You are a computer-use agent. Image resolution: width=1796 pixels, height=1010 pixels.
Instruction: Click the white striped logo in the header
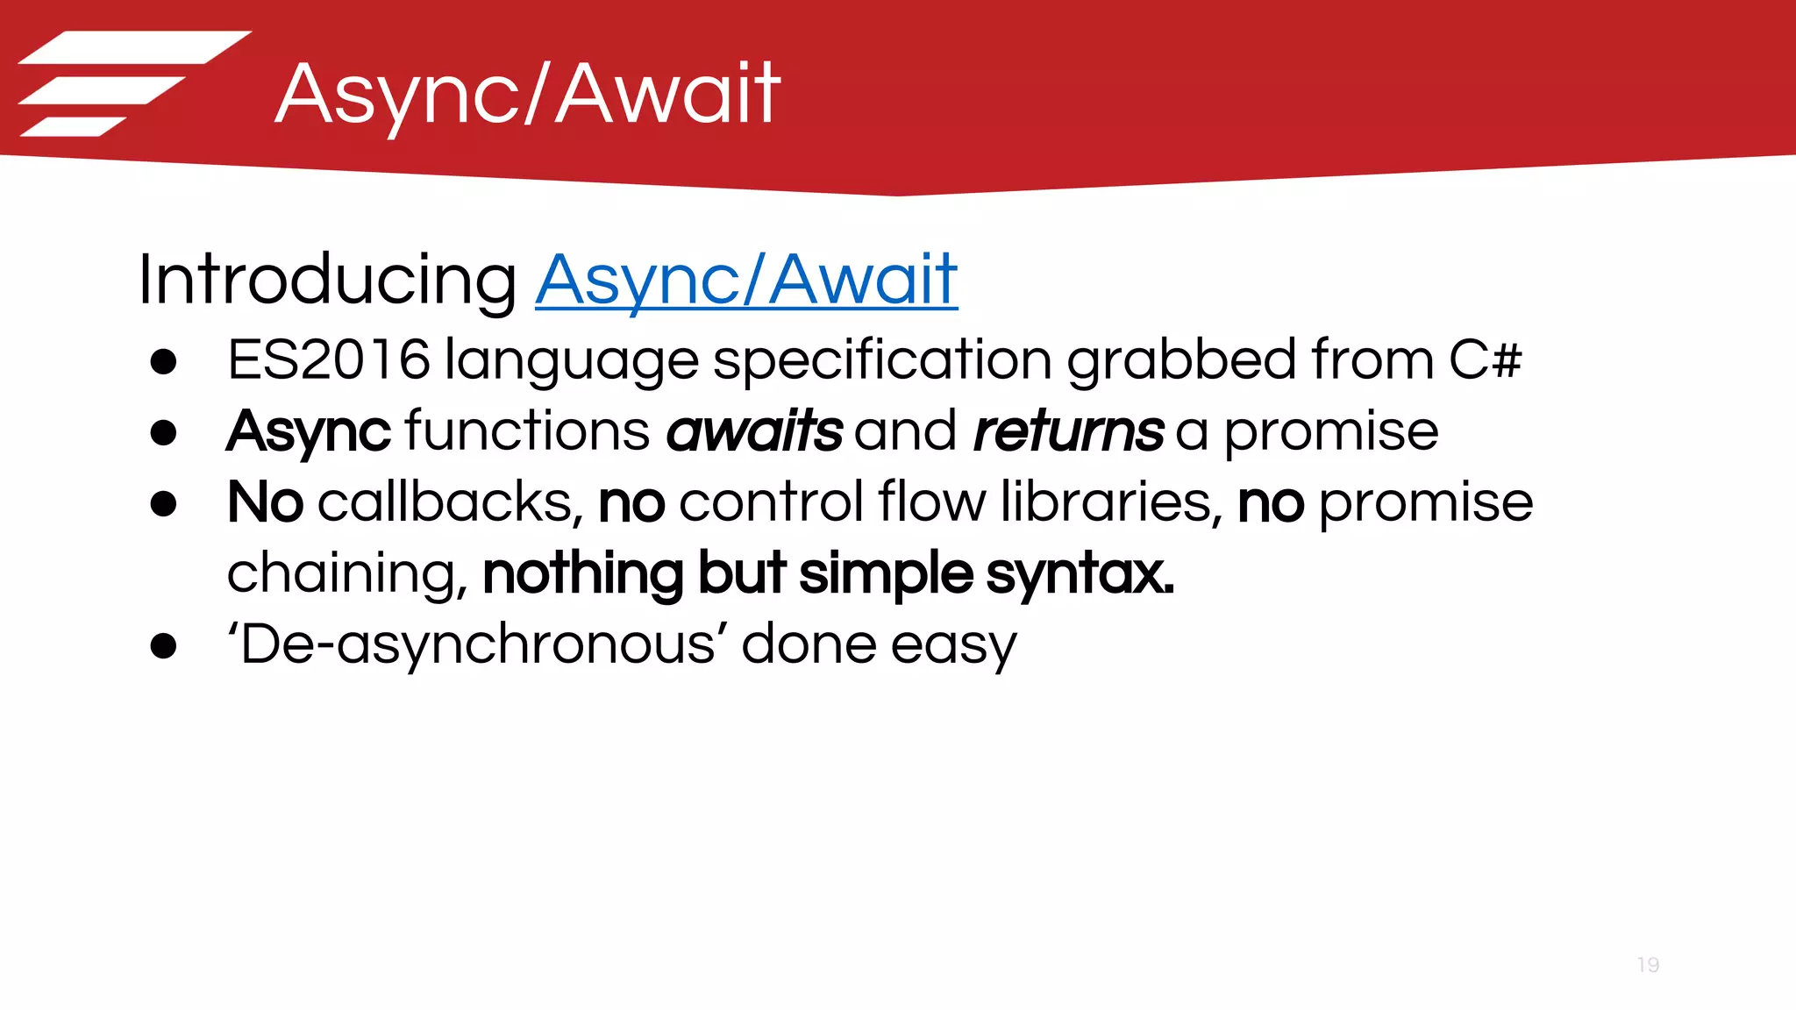[x=132, y=83]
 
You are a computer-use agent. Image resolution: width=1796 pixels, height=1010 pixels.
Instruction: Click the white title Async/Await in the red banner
[x=527, y=95]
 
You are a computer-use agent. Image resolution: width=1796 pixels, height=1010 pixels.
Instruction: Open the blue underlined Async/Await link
[x=746, y=281]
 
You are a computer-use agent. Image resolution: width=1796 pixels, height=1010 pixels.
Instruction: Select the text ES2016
[x=329, y=359]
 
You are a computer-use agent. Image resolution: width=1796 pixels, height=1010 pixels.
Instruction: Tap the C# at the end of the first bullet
[x=1485, y=359]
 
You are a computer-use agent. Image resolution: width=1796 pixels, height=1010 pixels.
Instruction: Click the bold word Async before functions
[x=308, y=432]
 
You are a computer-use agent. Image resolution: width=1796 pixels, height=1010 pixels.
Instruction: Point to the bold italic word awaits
[x=754, y=430]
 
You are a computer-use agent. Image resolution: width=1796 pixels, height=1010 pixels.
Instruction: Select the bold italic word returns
[x=1068, y=430]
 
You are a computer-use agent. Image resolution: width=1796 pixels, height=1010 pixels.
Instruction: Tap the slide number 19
[x=1648, y=965]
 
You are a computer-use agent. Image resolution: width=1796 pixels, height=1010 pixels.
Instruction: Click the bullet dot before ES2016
[x=163, y=361]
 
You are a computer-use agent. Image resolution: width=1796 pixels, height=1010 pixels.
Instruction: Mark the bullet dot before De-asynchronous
[x=163, y=646]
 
